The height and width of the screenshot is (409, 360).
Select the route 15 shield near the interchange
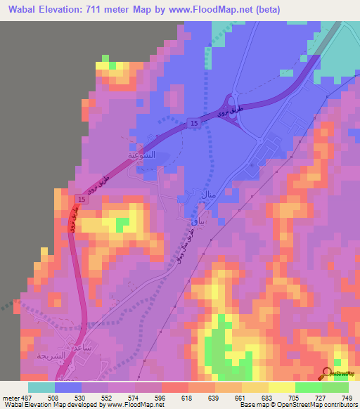(x=193, y=124)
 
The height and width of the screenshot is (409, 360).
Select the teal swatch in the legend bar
(x=41, y=387)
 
